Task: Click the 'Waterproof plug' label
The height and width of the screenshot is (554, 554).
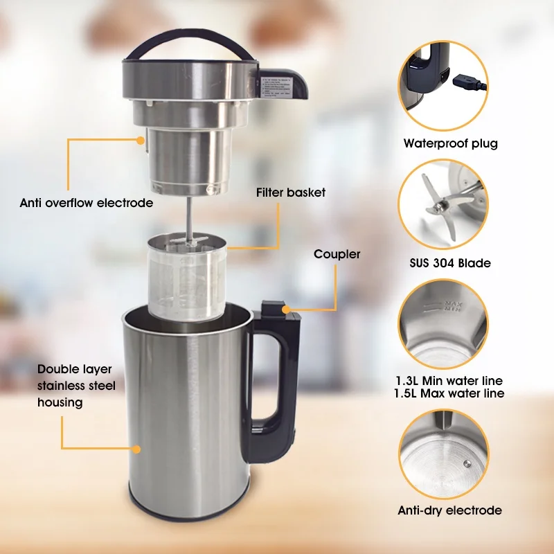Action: click(450, 144)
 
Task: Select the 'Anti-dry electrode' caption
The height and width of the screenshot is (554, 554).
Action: click(449, 510)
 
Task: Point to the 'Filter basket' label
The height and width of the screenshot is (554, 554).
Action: click(290, 192)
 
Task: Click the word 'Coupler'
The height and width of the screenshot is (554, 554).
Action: click(337, 254)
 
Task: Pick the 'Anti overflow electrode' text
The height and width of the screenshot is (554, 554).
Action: click(87, 204)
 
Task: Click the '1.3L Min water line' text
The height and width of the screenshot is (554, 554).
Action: click(449, 381)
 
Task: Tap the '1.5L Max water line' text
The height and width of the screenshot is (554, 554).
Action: click(449, 393)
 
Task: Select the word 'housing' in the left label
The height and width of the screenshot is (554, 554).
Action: click(60, 402)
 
